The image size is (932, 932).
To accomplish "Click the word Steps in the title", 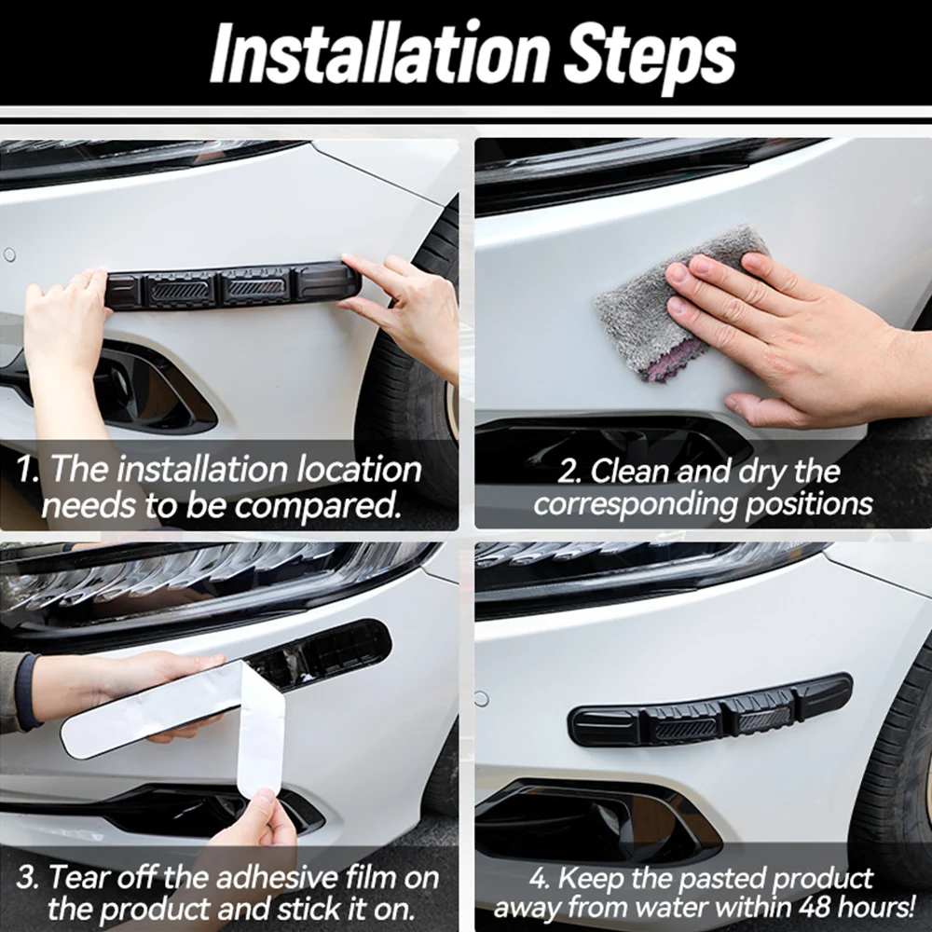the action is tap(650, 58).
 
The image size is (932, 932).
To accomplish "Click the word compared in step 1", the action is tap(318, 506).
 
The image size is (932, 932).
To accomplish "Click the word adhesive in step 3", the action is tap(277, 877).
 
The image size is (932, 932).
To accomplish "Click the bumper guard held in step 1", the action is tap(232, 287).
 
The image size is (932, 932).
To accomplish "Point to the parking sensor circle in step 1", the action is tap(9, 255).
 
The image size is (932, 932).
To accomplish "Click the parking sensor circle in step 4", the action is tap(482, 699).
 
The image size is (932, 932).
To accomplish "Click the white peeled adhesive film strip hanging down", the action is tap(261, 730).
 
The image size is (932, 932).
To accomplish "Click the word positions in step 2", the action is tap(809, 504).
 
